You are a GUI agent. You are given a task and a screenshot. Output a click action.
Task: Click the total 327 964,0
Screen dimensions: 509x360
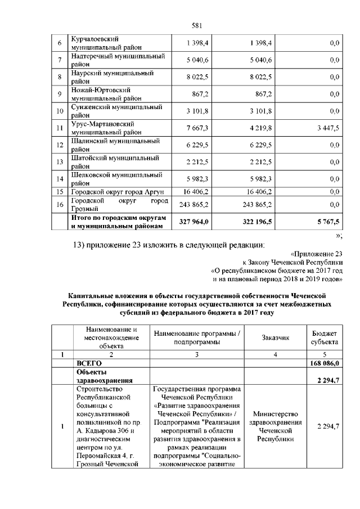pos(194,222)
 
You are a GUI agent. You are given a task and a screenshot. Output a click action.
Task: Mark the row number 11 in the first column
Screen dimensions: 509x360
pos(59,128)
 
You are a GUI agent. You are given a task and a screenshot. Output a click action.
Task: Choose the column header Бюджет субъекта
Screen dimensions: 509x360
pos(325,337)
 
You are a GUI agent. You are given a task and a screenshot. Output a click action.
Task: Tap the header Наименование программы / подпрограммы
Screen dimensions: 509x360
pos(196,337)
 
